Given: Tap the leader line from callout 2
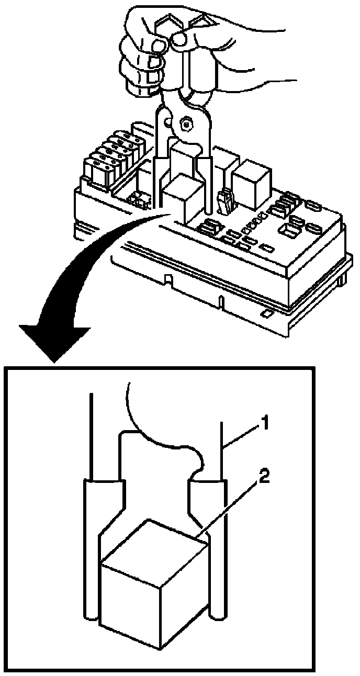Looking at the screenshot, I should click(230, 508).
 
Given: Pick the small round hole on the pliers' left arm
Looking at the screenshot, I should click(167, 123).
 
